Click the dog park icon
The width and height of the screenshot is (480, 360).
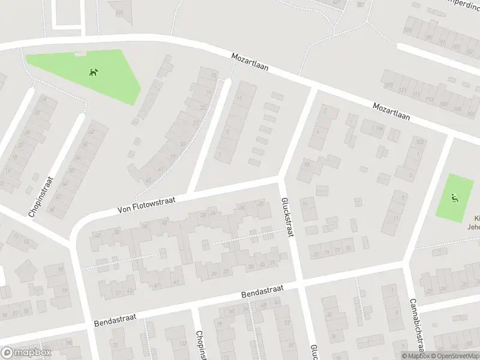tap(94, 73)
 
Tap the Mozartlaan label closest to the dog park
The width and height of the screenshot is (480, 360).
tap(251, 63)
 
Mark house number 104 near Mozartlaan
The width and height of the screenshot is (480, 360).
tap(379, 128)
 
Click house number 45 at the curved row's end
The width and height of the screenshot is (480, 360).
tap(148, 181)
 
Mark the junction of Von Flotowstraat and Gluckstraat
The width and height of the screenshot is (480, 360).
tap(280, 178)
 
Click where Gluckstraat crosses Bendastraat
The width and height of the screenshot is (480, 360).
tap(299, 282)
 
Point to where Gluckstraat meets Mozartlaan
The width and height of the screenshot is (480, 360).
tap(314, 89)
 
